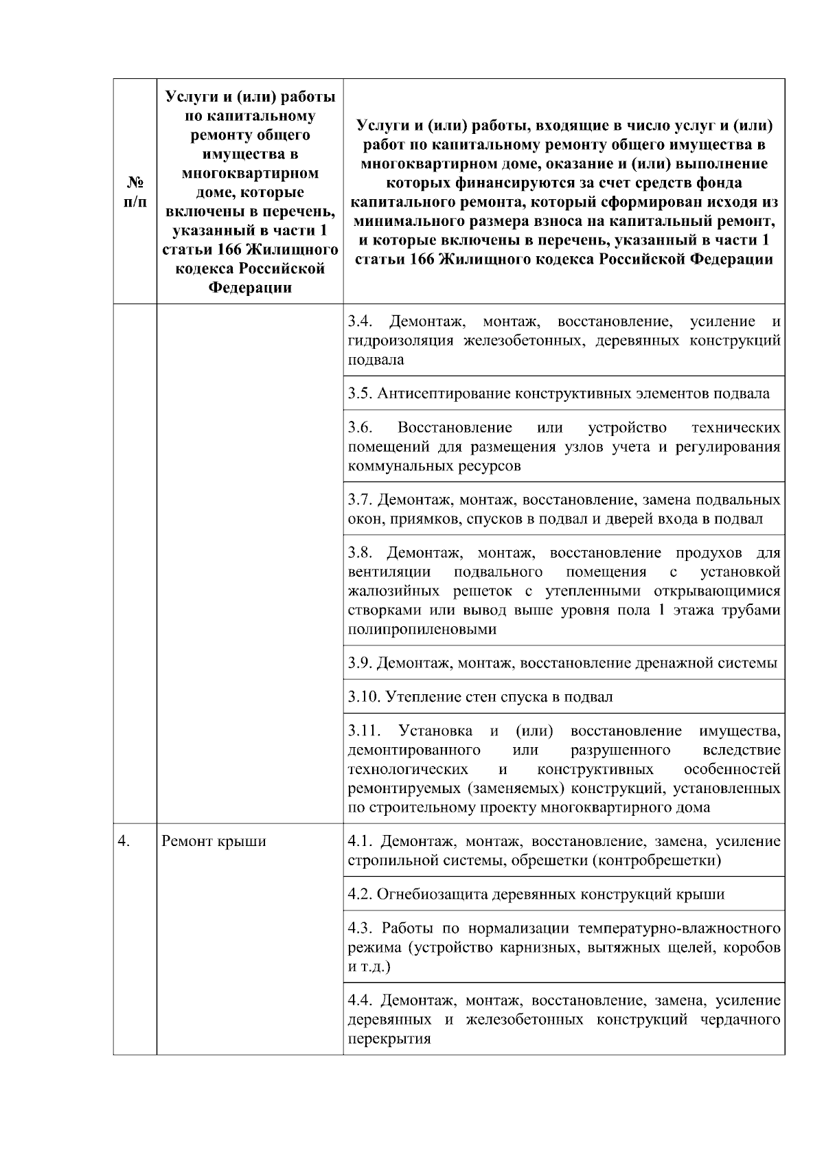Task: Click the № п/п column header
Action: pyautogui.click(x=135, y=192)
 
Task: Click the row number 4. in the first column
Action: pyautogui.click(x=124, y=841)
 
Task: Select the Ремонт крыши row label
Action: pyautogui.click(x=214, y=841)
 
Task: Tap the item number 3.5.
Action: pyautogui.click(x=360, y=393)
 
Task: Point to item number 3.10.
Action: pyautogui.click(x=363, y=697)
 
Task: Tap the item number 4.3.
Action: pyautogui.click(x=360, y=928)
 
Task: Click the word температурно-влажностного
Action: pyautogui.click(x=679, y=928)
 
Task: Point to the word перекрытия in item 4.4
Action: pyautogui.click(x=389, y=1039)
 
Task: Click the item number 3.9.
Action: pyautogui.click(x=360, y=663)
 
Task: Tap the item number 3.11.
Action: pyautogui.click(x=363, y=731)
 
